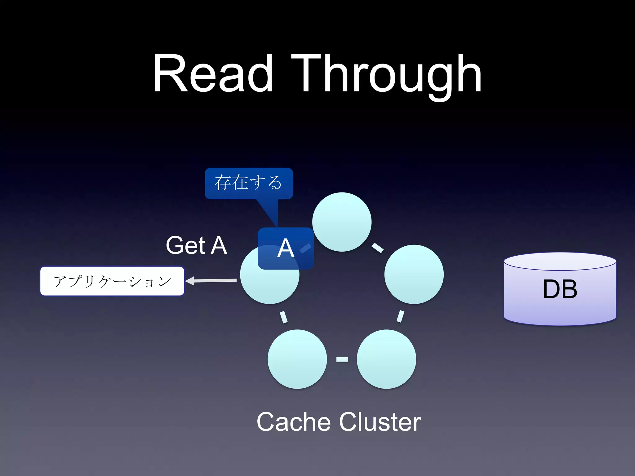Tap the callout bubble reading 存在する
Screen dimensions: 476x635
pos(249,183)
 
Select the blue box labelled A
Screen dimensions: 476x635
pos(286,248)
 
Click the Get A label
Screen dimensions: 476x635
pos(197,245)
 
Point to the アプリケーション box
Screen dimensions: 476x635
pos(112,281)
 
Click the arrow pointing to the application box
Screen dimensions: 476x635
pos(211,281)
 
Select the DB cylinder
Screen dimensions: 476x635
pos(560,289)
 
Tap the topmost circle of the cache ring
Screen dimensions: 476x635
pos(342,222)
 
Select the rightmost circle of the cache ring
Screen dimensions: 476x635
pos(414,274)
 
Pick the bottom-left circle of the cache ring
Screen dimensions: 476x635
pos(297,359)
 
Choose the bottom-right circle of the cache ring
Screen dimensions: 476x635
pos(386,359)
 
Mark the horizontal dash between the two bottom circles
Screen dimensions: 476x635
pos(342,359)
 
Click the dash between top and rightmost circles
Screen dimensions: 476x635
pos(377,248)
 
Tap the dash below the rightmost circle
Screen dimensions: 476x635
pos(400,316)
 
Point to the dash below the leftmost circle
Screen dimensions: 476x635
pos(283,317)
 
